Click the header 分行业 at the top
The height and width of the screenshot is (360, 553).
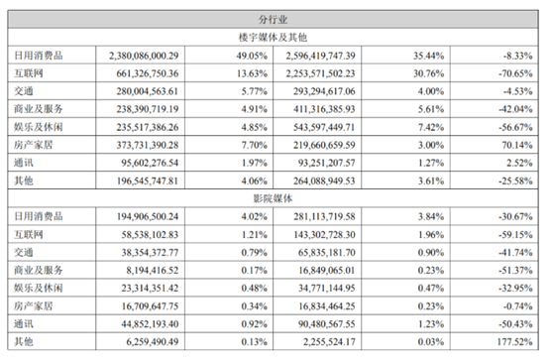click(x=273, y=20)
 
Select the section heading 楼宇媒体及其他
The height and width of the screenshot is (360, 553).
click(x=273, y=38)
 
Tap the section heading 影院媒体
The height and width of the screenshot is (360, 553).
click(x=273, y=198)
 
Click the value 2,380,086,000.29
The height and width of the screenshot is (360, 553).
click(x=144, y=56)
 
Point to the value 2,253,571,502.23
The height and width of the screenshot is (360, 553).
click(x=320, y=73)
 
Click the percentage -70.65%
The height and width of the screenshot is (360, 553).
click(x=515, y=73)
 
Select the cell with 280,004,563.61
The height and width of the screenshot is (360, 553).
click(x=148, y=91)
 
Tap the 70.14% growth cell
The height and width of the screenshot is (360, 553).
click(x=517, y=145)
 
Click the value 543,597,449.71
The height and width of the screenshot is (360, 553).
click(x=324, y=127)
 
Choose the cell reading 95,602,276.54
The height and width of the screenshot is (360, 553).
click(x=150, y=163)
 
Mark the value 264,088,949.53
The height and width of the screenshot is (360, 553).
click(x=324, y=180)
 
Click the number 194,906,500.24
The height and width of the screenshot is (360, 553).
click(x=148, y=216)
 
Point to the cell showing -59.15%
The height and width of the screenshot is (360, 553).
click(x=515, y=234)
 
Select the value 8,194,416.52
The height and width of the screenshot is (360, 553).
click(x=153, y=271)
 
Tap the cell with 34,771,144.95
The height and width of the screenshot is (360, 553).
click(x=327, y=288)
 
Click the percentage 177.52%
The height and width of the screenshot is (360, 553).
click(x=514, y=341)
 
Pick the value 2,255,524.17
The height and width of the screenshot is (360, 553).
click(x=329, y=341)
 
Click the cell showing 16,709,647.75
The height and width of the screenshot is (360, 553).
click(x=150, y=306)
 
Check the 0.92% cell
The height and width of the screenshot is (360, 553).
click(x=255, y=324)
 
